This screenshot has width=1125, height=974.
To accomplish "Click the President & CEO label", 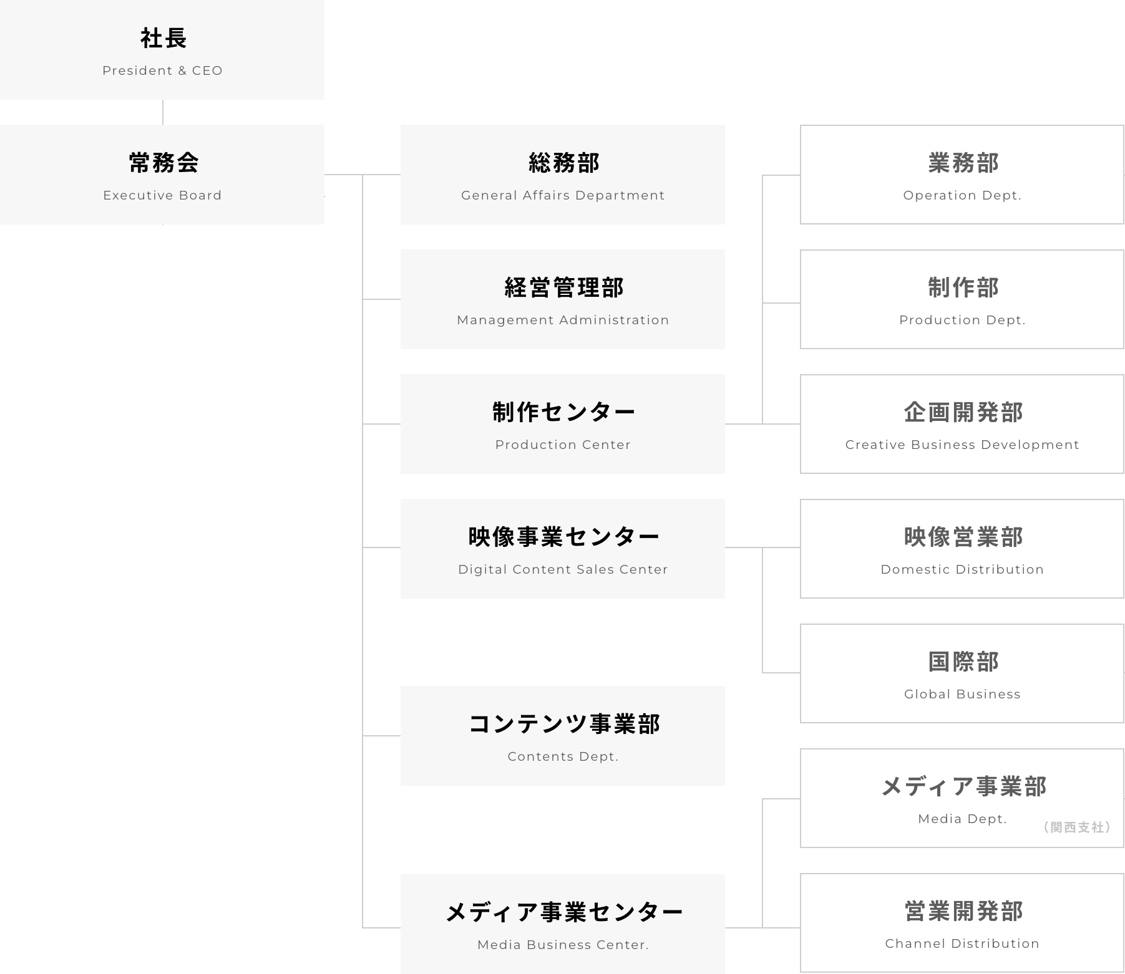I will point(162,70).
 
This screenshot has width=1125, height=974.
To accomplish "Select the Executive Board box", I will point(162,175).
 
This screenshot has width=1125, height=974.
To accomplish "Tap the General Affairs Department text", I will point(563,195).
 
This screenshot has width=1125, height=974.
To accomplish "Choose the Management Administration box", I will point(563,299).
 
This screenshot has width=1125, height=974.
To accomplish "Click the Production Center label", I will point(563,445).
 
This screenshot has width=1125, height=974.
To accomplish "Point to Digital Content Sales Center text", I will point(563,569).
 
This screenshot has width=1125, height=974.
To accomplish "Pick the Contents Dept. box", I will point(563,736).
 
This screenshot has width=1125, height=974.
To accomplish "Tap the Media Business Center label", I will point(563,945).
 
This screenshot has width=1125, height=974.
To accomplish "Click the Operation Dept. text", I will point(962,195).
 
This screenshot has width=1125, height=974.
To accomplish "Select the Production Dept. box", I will point(962,299).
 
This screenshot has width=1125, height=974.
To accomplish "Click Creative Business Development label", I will point(962,445).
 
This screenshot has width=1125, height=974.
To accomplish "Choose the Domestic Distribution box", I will point(962,549).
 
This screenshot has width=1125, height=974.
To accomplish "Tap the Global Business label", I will point(962,694).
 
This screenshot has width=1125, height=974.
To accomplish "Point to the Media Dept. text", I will point(962,819).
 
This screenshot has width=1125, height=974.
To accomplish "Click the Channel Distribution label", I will point(962,943).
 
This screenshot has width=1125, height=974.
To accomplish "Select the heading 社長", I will point(163,39).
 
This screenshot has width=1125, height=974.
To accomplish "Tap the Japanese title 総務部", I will point(563,163).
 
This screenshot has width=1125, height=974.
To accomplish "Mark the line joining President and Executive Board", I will point(163,112).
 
